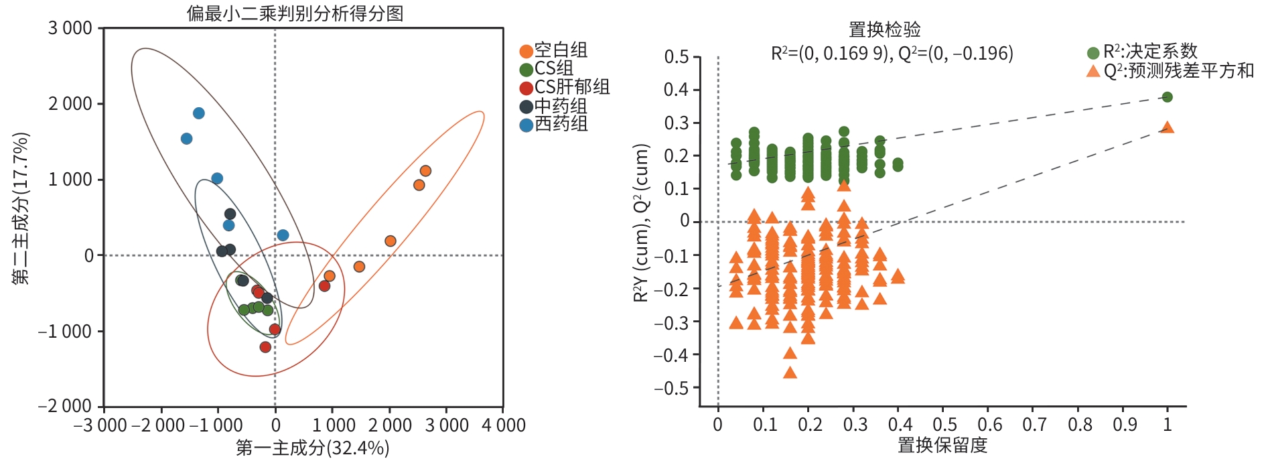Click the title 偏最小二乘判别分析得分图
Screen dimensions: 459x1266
coord(295,13)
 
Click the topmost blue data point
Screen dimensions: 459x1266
coord(198,113)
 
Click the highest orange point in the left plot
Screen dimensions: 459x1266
coord(425,171)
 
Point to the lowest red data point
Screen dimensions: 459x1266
coord(265,347)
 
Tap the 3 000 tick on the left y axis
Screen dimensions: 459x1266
coord(70,28)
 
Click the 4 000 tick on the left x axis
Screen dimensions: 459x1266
coord(504,425)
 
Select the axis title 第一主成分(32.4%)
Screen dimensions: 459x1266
coord(312,448)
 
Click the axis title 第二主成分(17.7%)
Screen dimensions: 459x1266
coord(21,208)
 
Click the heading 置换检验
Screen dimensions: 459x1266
coord(884,29)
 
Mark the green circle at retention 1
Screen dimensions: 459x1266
coord(1167,97)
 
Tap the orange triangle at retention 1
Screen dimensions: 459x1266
coord(1167,127)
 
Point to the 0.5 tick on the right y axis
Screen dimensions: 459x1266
coord(677,57)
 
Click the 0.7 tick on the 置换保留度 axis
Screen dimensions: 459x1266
coord(1034,425)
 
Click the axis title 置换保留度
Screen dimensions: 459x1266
coord(942,445)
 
